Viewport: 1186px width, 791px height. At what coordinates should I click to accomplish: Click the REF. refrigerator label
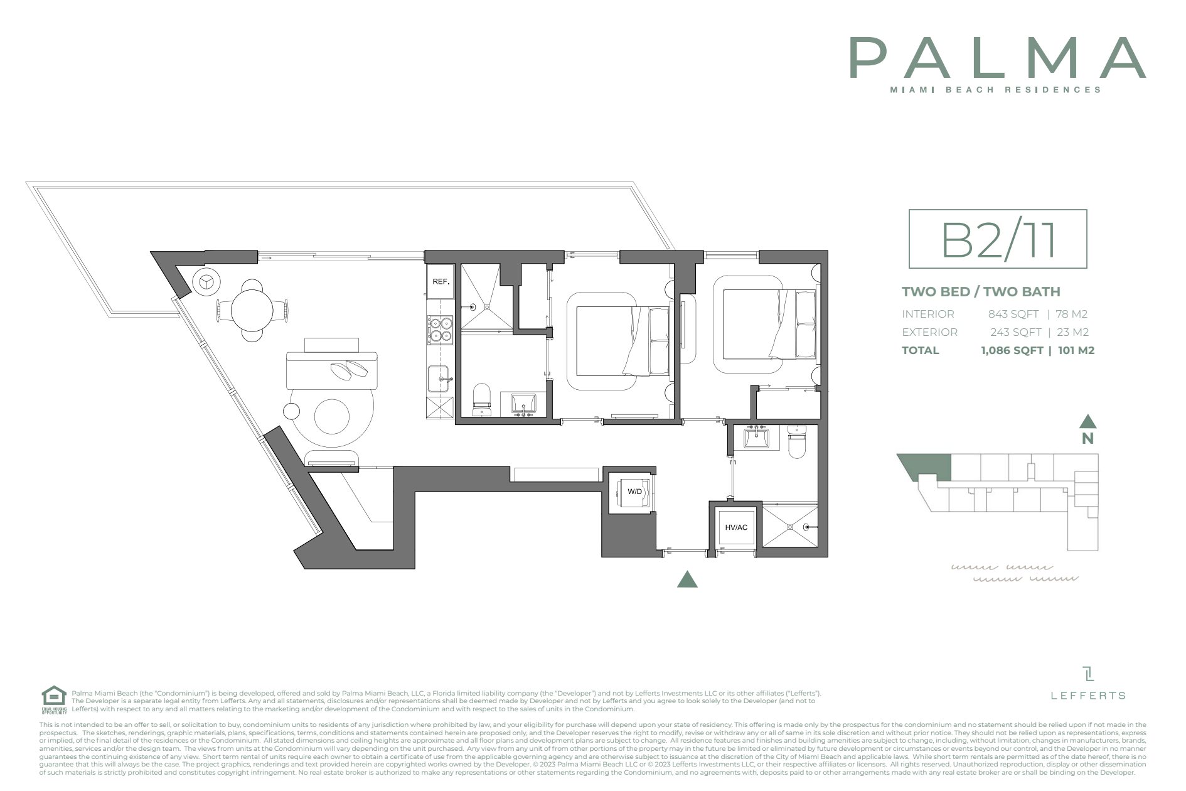point(441,282)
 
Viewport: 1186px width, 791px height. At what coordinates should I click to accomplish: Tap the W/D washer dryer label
point(634,492)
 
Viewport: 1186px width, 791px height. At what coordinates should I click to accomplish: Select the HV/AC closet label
point(735,527)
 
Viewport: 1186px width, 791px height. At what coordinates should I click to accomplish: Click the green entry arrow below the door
point(687,580)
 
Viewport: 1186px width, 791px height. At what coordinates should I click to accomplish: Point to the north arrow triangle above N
point(1087,421)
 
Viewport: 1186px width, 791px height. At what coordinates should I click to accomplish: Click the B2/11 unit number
point(998,239)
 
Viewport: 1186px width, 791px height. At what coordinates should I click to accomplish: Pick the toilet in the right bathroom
point(796,441)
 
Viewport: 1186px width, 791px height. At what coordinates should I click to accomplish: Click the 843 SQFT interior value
point(1013,314)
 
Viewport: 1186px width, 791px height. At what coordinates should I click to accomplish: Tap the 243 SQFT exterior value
point(1015,332)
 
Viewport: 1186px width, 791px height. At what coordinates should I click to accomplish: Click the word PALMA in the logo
point(997,58)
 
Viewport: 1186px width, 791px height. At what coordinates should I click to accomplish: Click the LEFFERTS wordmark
point(1088,695)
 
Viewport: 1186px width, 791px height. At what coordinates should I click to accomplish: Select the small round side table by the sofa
point(292,411)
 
